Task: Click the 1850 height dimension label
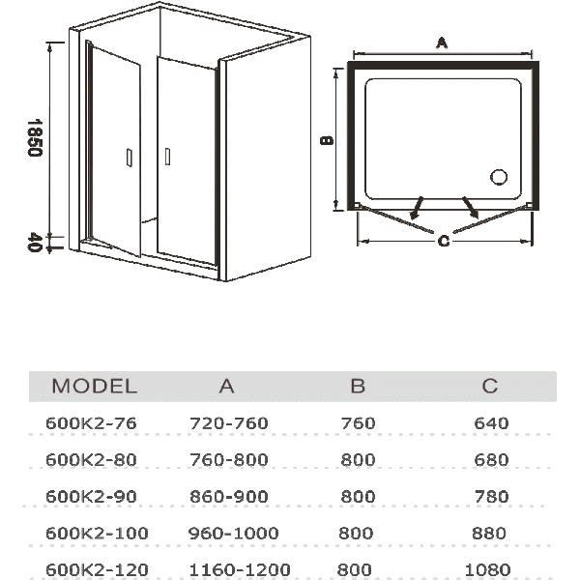35,137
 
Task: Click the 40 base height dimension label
34,243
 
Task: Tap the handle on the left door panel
130,158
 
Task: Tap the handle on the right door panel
167,157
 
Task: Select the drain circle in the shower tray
499,177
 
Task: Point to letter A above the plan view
442,43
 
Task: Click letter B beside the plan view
327,140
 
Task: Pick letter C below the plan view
444,241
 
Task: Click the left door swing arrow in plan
417,208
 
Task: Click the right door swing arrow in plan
470,208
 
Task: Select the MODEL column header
95,386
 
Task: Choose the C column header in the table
490,386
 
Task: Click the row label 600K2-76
91,423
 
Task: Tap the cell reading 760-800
228,460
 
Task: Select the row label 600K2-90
91,497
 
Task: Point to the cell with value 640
491,423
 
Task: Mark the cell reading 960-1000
233,533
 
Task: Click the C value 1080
487,569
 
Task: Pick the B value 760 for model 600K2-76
358,423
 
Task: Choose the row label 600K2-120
97,569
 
